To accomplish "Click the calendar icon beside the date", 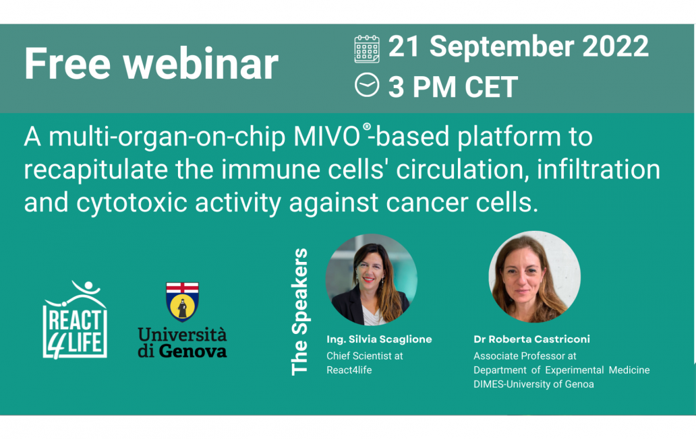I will tap(367, 49).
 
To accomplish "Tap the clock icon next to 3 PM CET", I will tap(367, 86).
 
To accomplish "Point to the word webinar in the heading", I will tap(201, 64).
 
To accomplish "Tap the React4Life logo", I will tap(75, 320).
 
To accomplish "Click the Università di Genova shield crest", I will tap(182, 302).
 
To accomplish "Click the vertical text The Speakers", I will tap(299, 312).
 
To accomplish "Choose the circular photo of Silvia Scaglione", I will tap(372, 279).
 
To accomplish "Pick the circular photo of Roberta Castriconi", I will tap(534, 277).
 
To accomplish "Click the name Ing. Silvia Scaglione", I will tap(378, 339).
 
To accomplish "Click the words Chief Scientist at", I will tap(364, 356).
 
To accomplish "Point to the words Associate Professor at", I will tap(525, 356).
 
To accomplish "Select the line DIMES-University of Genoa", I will tap(533, 384).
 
